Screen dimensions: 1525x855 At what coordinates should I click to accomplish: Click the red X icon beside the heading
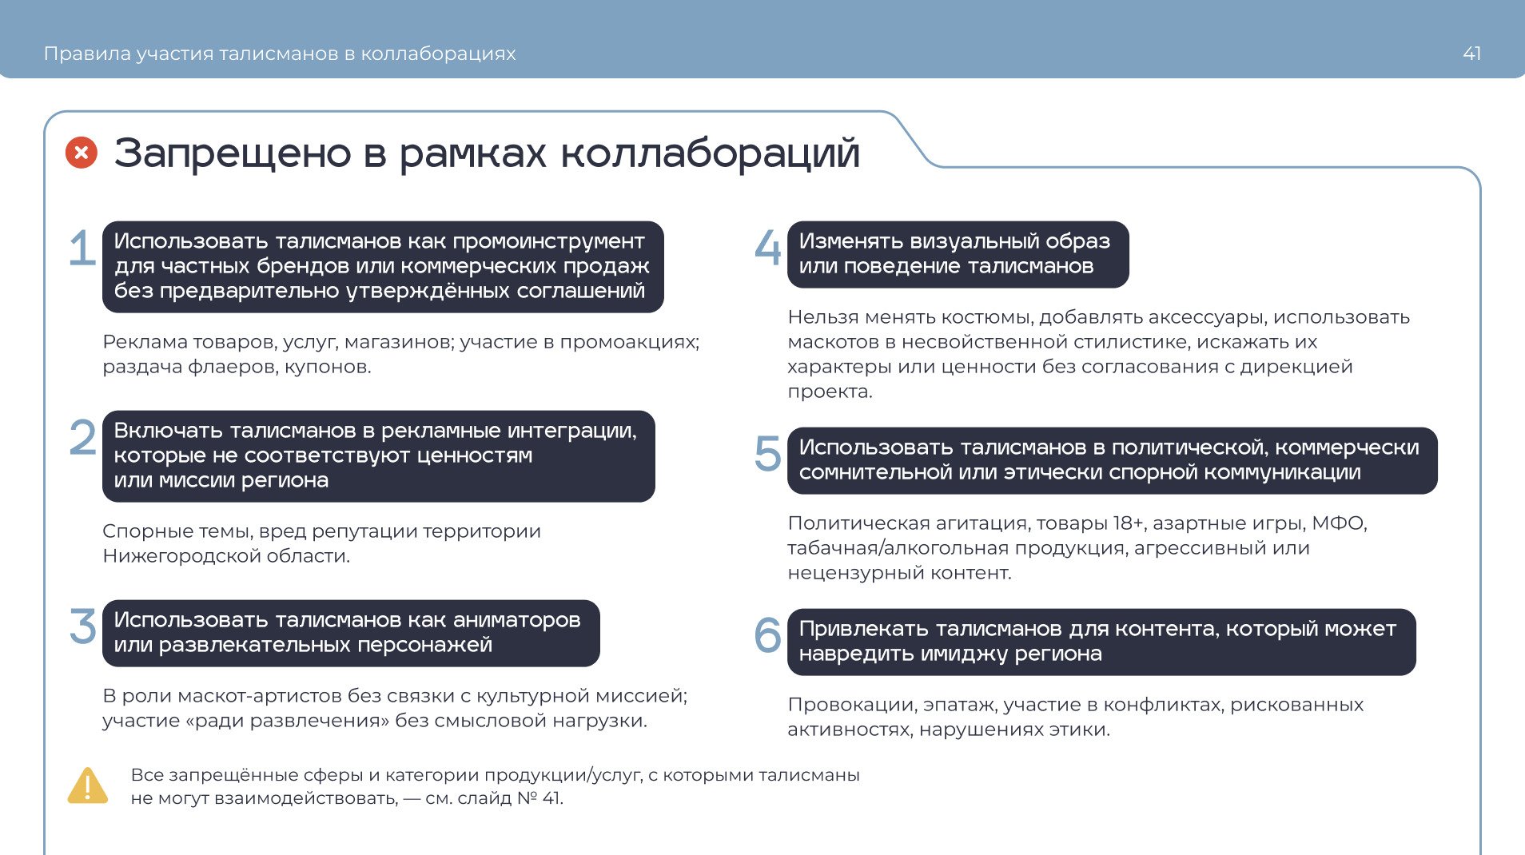(82, 153)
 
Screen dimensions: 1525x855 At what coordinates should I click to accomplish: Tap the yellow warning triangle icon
(88, 785)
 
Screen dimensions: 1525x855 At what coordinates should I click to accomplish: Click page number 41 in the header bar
(1471, 54)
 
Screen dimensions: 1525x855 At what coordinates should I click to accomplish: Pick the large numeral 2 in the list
(83, 437)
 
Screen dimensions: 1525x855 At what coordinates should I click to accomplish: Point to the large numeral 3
(83, 626)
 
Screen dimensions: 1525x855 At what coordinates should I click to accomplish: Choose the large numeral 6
(768, 635)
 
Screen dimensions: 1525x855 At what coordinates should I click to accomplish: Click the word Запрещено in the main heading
(233, 153)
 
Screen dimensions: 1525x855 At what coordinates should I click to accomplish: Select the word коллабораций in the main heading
(710, 153)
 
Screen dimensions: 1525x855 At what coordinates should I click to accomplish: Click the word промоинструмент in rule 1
(548, 241)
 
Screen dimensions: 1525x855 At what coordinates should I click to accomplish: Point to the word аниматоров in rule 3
(516, 620)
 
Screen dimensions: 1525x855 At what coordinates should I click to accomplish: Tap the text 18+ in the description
(1128, 523)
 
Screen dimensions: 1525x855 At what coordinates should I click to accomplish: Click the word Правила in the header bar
(87, 54)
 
